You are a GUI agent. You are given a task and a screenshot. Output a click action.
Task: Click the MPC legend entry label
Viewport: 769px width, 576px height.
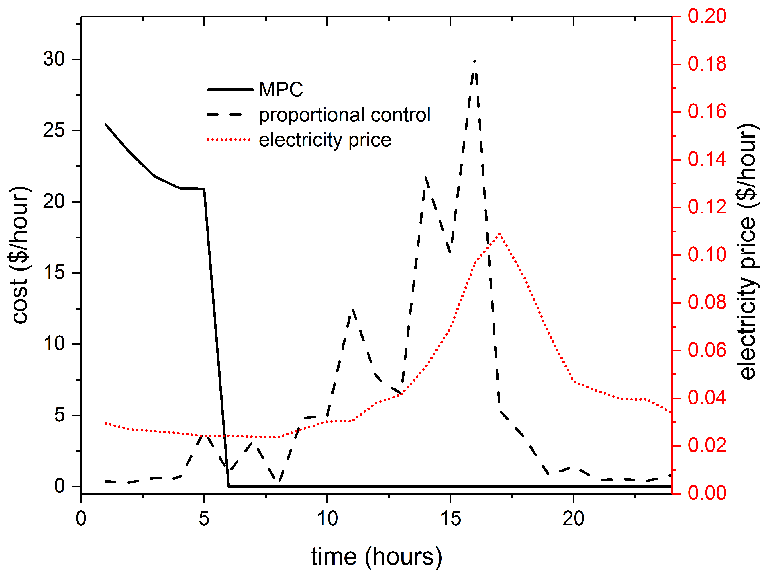pos(280,90)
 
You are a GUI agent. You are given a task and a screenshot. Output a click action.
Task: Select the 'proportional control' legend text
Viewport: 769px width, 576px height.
pos(344,115)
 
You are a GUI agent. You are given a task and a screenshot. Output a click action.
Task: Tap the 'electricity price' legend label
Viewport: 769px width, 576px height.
pos(325,140)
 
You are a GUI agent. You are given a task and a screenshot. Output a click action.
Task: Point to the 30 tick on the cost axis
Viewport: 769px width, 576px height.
pos(54,59)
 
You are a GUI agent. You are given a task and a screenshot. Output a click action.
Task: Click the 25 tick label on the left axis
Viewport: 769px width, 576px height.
pos(54,131)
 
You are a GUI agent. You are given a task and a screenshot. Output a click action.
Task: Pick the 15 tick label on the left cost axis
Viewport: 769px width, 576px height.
pos(54,273)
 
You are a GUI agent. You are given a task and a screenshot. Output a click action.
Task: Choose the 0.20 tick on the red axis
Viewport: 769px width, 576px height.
pos(707,16)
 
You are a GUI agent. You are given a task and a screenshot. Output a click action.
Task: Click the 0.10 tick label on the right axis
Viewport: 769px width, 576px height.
pos(707,255)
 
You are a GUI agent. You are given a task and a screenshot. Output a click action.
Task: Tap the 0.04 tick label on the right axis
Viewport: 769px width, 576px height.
pos(707,398)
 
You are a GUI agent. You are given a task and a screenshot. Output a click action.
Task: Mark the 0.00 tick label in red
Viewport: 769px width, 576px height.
pos(707,493)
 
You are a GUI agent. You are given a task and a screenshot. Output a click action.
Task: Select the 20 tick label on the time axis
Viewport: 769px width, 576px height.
pos(573,519)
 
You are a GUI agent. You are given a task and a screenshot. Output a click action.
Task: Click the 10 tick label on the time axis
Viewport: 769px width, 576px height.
pos(327,519)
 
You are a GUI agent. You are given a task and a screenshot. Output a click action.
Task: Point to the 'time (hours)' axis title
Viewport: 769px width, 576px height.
pos(376,557)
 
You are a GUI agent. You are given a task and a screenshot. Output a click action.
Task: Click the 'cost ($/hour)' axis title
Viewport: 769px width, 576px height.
pos(20,255)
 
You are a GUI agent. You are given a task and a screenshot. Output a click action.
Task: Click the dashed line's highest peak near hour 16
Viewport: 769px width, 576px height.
pos(475,61)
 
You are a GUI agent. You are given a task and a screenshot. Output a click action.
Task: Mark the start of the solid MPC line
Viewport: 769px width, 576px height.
pos(106,124)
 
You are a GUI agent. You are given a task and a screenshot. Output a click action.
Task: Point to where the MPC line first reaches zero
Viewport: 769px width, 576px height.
pos(228,486)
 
